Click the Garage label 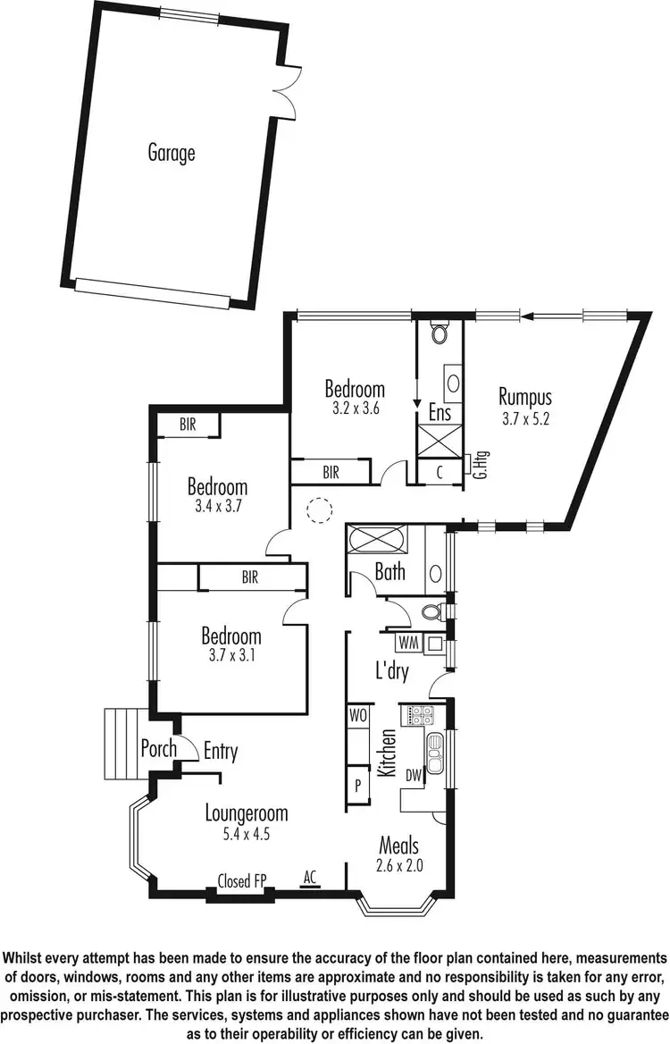point(171,153)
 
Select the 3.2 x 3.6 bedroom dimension point(355,410)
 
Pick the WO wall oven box point(357,716)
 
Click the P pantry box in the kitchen point(357,787)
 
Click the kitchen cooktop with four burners point(420,715)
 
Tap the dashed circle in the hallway point(318,510)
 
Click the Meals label point(398,845)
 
